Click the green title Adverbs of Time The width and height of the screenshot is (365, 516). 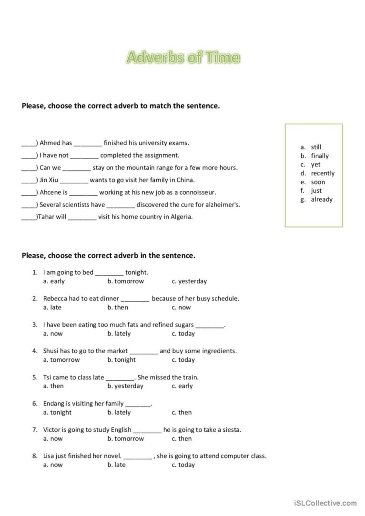(182, 58)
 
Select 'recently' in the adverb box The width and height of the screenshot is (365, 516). (323, 173)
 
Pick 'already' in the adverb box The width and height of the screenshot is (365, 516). (322, 199)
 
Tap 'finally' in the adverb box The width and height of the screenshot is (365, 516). (320, 156)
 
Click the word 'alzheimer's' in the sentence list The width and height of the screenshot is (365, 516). (222, 205)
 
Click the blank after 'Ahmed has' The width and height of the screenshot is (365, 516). (88, 143)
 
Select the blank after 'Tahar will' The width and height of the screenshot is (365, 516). (82, 217)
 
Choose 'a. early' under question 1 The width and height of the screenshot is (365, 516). (54, 281)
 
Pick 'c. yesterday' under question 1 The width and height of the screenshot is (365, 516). (189, 281)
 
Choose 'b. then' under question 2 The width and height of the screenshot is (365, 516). (118, 308)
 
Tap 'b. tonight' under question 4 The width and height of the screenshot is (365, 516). (122, 360)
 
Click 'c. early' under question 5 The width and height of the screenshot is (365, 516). (182, 386)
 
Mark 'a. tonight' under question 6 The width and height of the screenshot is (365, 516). (57, 412)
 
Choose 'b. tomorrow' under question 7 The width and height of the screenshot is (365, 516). (125, 438)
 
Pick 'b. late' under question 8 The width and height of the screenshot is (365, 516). (116, 465)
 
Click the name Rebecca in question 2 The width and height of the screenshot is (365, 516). (55, 299)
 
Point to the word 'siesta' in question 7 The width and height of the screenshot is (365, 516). (231, 430)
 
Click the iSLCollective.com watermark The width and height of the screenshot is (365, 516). (325, 503)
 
